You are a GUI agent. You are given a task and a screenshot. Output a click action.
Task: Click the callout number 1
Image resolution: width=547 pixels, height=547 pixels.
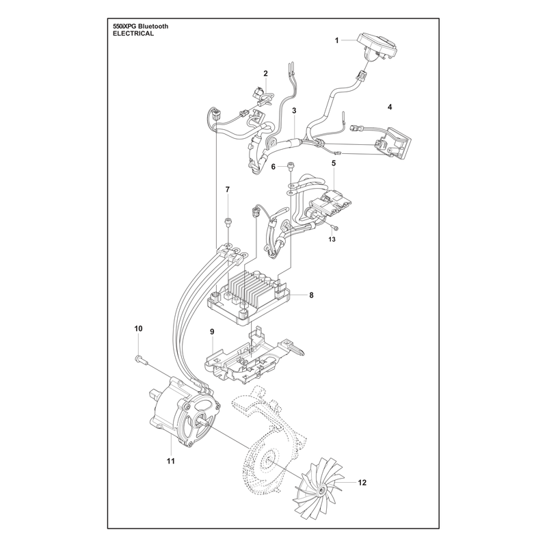[336, 40]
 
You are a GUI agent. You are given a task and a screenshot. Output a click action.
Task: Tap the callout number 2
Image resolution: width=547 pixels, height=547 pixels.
[265, 73]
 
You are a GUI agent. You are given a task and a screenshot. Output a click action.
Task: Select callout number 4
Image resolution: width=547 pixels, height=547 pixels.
[390, 107]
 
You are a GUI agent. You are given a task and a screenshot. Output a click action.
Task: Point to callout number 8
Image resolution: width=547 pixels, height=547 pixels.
[311, 295]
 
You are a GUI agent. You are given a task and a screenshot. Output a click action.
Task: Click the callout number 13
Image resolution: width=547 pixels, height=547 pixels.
[332, 239]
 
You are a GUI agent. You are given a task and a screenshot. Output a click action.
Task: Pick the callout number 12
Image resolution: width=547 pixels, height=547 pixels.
[362, 483]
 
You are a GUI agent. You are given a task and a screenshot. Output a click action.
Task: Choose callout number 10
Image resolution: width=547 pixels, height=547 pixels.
[139, 329]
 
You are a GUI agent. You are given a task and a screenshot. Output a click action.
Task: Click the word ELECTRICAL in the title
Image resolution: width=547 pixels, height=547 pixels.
[133, 34]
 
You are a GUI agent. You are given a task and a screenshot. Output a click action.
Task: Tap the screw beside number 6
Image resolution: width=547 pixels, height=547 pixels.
[289, 166]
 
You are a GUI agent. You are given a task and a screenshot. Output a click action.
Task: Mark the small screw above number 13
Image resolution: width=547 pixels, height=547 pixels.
[336, 228]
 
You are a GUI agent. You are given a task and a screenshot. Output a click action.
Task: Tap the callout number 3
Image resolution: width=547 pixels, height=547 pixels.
[294, 111]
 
